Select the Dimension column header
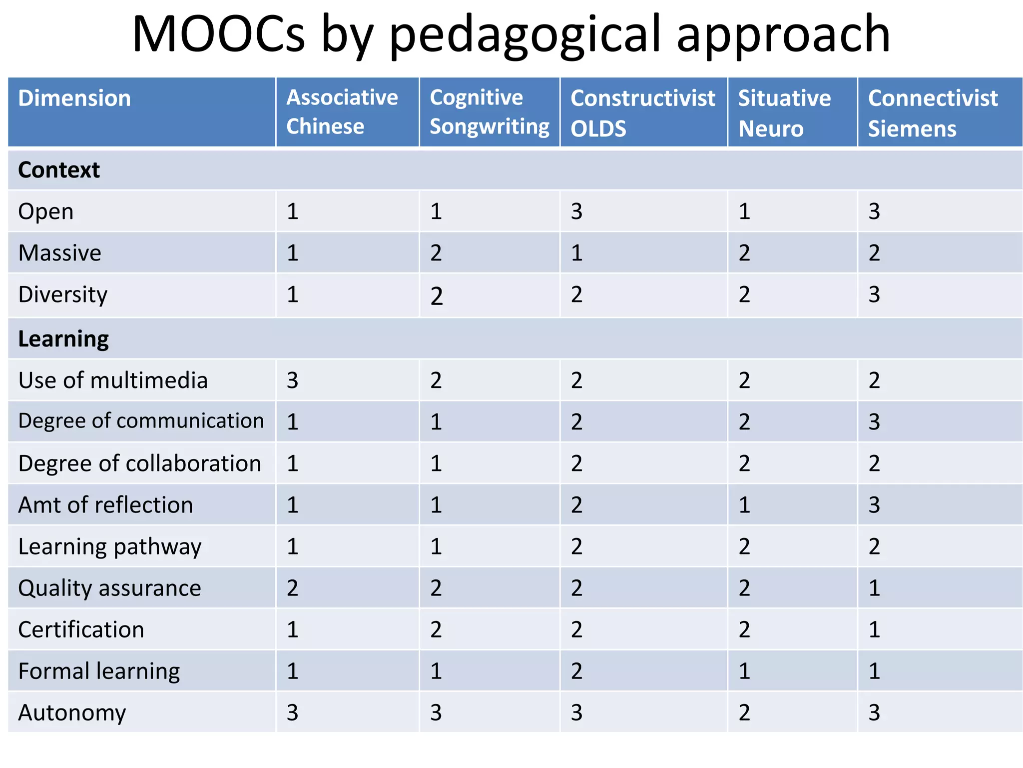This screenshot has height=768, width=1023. pos(74,98)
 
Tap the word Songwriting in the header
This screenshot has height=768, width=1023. pos(490,127)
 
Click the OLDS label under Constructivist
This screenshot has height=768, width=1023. pos(598,129)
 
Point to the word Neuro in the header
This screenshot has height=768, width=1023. pos(771,129)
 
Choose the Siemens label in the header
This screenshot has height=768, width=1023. pos(912,129)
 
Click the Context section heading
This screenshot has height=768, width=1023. pos(59,170)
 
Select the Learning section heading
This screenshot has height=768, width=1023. pos(63,339)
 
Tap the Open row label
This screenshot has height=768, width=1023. pos(46,211)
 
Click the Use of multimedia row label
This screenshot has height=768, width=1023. pos(113,380)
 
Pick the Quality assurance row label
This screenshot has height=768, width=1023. pos(109,588)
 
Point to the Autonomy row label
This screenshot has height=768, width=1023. pos(72,712)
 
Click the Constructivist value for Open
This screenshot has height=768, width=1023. pos(576,211)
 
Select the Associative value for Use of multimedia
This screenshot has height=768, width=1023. pos(292,380)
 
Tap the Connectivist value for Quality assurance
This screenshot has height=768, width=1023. pos(874,588)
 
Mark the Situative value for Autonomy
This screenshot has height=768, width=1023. pos(744,712)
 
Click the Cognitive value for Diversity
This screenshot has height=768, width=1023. pos(436,296)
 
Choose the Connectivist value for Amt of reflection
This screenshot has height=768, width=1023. pos(874,505)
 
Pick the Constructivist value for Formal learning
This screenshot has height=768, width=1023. pos(576,671)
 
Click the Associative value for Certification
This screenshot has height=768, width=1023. pos(292,629)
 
